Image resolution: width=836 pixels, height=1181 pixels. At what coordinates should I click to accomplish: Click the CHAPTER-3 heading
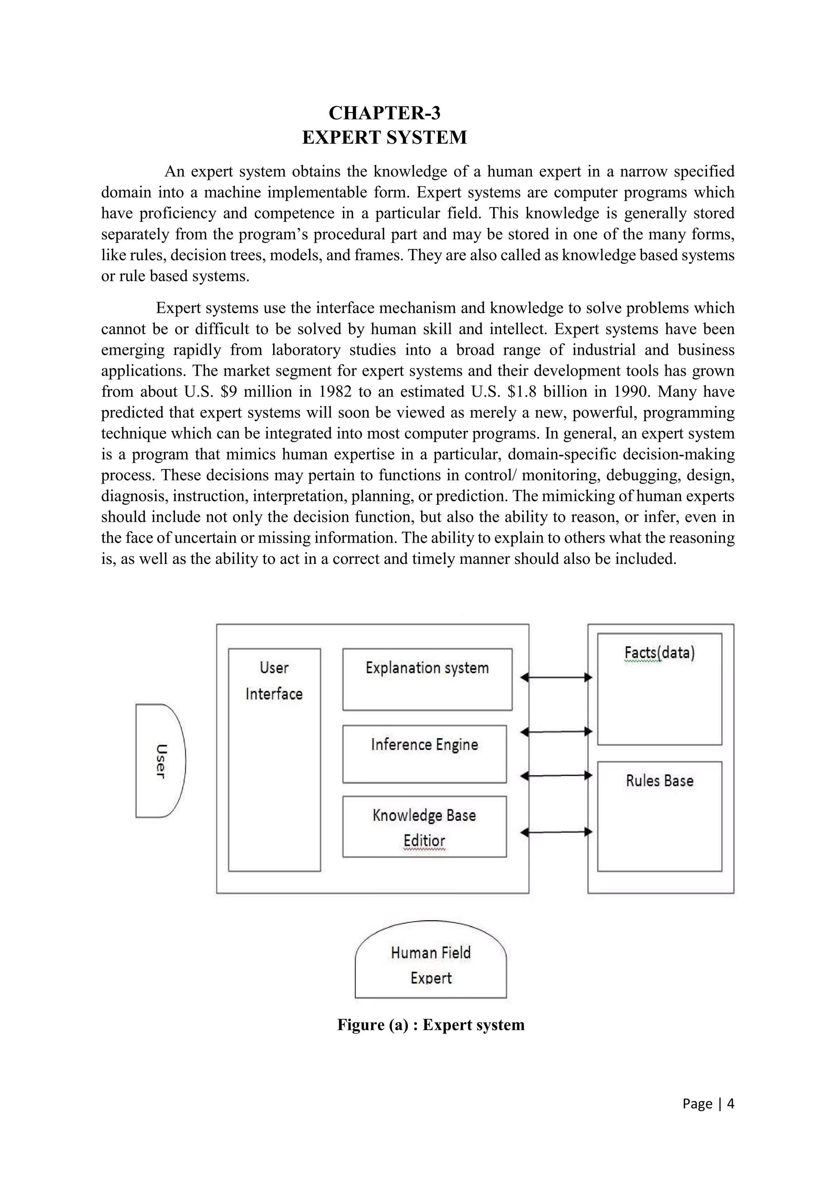click(384, 113)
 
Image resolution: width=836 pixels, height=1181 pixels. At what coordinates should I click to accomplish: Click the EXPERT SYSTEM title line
click(384, 137)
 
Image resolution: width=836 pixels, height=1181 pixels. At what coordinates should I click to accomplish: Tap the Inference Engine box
click(424, 754)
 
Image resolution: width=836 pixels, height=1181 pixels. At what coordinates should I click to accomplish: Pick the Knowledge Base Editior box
click(424, 827)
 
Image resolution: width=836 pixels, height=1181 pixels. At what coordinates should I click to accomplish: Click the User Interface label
click(274, 681)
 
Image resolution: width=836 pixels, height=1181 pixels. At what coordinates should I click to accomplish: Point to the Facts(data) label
click(659, 653)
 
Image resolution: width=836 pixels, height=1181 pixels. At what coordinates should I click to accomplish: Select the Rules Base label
click(659, 781)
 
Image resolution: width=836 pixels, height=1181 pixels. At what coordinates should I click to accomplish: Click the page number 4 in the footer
click(730, 1104)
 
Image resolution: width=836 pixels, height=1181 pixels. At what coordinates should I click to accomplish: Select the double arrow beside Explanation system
click(556, 677)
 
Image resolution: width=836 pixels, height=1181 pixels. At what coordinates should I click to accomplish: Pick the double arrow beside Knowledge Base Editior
click(556, 832)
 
